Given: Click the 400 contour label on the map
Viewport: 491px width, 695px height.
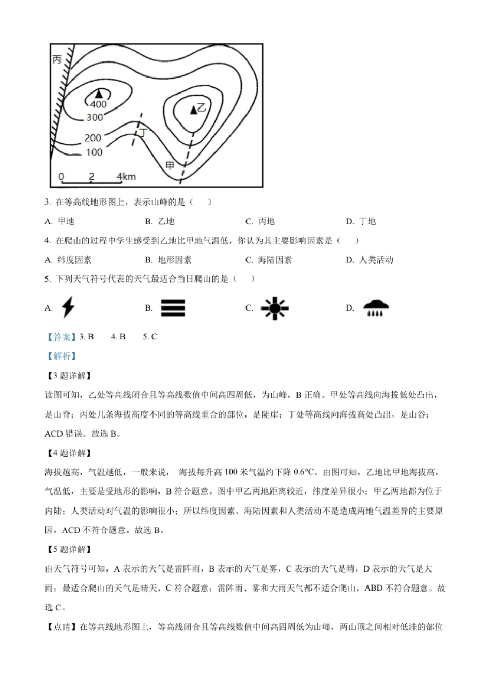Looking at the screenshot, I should (98, 104).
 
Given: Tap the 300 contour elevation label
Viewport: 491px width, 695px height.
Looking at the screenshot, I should (95, 117).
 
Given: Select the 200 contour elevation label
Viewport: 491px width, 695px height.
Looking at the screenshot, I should (93, 138).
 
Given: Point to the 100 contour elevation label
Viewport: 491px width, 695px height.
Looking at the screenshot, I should (94, 152).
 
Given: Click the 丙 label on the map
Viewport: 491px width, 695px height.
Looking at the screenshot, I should (57, 60).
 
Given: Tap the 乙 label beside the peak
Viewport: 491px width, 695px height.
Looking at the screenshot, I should (202, 107).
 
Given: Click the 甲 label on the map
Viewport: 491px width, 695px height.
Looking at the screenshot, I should (170, 165).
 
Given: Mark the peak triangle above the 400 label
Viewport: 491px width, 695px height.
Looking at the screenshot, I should (98, 94).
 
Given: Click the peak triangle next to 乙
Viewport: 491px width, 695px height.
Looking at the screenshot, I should (193, 109).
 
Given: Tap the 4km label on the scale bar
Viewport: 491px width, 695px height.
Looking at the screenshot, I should (126, 177).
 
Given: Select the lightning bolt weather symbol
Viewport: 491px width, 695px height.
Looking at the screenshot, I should (68, 307).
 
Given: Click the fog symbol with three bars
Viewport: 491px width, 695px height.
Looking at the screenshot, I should (173, 308).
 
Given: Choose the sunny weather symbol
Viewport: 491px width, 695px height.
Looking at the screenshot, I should (274, 308).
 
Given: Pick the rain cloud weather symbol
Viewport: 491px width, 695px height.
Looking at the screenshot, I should (376, 307).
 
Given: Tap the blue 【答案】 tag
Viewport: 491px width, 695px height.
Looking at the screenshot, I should (61, 337).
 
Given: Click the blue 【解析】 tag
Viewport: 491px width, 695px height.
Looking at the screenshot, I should (61, 356).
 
